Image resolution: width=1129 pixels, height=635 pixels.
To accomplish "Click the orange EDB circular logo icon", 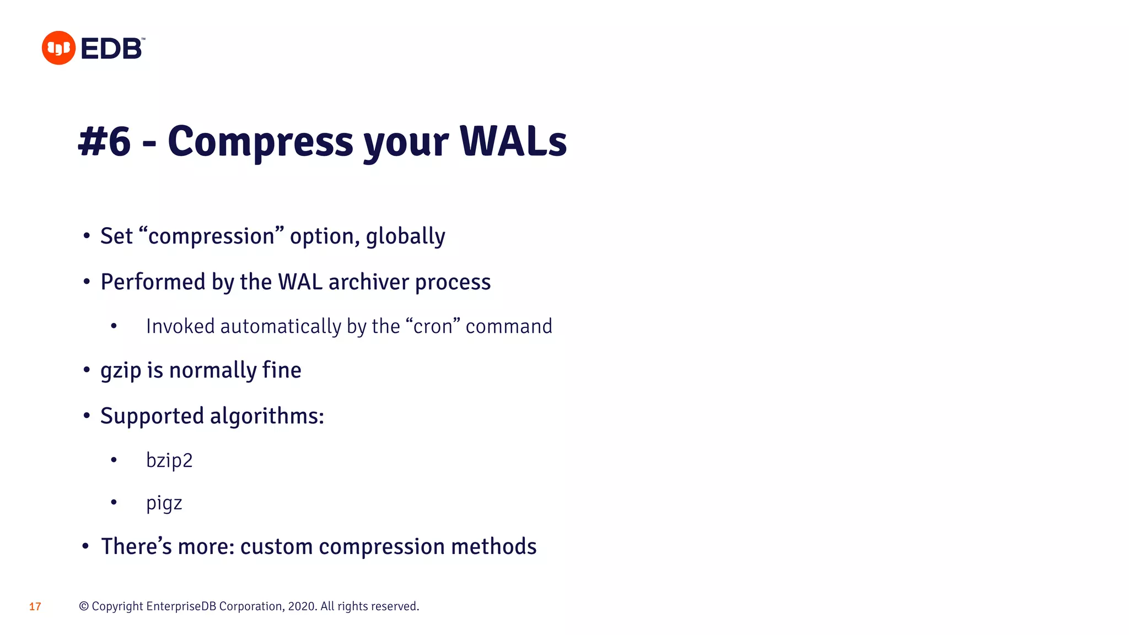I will point(58,48).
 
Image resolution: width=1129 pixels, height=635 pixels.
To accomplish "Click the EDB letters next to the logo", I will point(112,49).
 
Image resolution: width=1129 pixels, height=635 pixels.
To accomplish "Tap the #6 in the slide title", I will point(105,142).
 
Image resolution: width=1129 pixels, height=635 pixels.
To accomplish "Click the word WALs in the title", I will point(513,142).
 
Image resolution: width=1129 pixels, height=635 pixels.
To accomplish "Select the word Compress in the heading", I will point(260,142).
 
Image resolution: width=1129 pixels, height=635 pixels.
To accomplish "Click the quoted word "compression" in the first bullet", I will point(212,236).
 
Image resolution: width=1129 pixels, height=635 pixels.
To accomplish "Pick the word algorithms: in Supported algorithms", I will point(267,416).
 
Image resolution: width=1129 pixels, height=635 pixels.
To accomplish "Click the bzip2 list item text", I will point(169,460).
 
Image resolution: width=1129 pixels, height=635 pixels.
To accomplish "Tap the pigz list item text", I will point(164,504).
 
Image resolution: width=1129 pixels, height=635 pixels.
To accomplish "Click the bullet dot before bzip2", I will point(114,460).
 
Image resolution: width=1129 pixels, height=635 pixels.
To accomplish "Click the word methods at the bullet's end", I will point(493,547).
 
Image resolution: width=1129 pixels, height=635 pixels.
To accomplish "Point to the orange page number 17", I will point(35,607).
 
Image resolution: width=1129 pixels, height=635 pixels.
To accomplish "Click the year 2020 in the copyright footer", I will point(302,606).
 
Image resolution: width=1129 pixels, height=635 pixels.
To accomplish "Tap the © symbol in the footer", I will point(84,606).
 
